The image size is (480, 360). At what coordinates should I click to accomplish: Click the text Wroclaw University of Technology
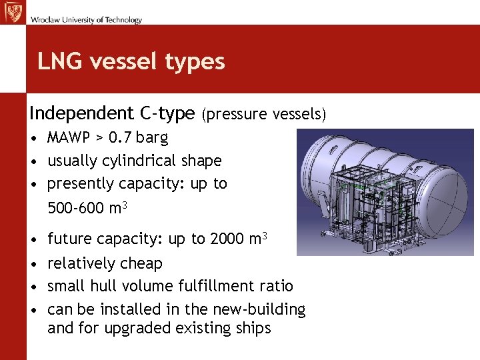coord(85,20)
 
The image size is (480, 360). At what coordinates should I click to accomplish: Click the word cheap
coord(141,263)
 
